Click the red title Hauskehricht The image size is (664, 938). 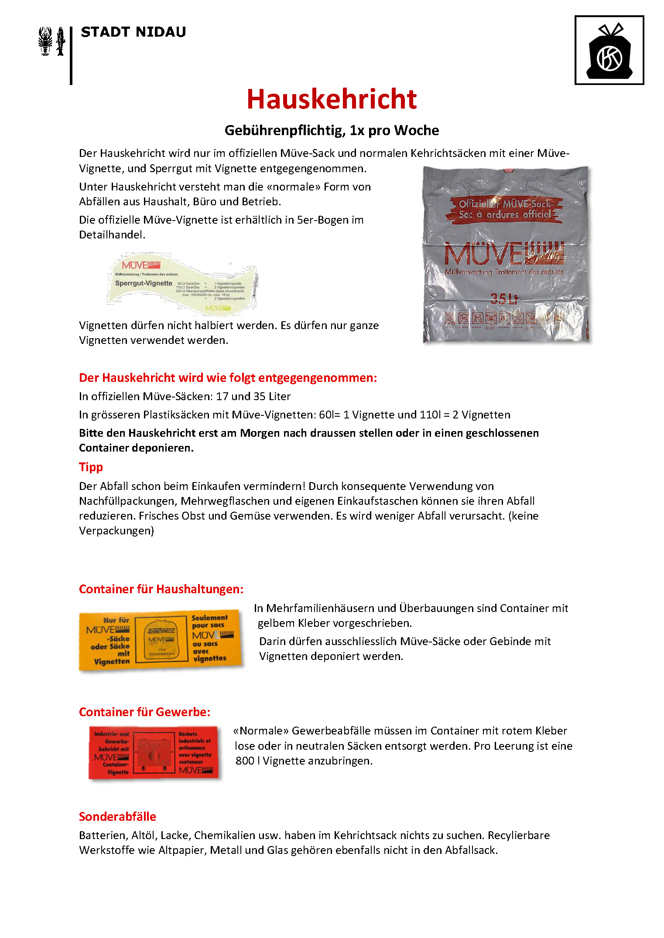pyautogui.click(x=332, y=99)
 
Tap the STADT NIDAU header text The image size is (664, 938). pyautogui.click(x=133, y=32)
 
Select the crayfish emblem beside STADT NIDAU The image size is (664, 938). pyautogui.click(x=45, y=41)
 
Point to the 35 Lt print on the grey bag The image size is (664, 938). pyautogui.click(x=503, y=299)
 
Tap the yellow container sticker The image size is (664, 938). pyautogui.click(x=160, y=640)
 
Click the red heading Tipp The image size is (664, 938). pyautogui.click(x=91, y=467)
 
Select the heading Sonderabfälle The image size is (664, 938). pyautogui.click(x=117, y=816)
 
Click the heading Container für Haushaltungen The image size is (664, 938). pyautogui.click(x=161, y=589)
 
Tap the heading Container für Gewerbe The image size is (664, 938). pyautogui.click(x=144, y=712)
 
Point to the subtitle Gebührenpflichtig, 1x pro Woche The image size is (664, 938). pyautogui.click(x=332, y=130)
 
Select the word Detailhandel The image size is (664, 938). pyautogui.click(x=112, y=235)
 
